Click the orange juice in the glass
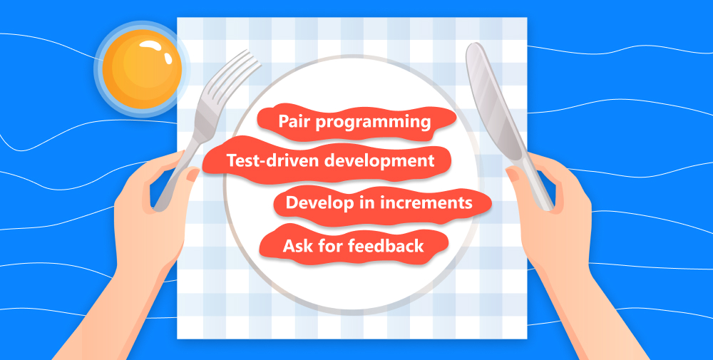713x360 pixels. point(142,69)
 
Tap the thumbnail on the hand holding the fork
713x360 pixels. point(193,175)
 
